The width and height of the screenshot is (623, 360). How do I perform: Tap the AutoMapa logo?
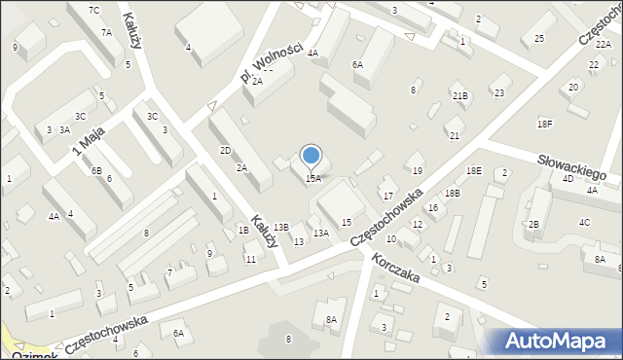click(561, 341)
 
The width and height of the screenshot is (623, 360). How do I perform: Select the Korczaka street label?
click(394, 269)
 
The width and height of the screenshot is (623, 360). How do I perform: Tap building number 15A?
click(312, 179)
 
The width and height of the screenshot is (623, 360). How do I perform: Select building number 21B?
click(459, 95)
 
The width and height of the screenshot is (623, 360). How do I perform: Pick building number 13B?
click(280, 227)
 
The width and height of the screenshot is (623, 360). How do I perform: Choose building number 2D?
click(225, 150)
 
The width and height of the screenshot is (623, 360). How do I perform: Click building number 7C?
click(93, 10)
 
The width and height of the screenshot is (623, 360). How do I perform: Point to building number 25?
click(538, 39)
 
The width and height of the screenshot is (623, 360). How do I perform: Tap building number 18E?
click(473, 170)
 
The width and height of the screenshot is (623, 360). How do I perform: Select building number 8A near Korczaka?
click(331, 319)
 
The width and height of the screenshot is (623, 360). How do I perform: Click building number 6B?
click(96, 170)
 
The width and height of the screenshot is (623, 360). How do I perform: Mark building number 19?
click(418, 170)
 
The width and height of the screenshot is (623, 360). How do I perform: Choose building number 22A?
click(603, 45)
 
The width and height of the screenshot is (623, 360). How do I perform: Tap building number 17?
click(387, 196)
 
